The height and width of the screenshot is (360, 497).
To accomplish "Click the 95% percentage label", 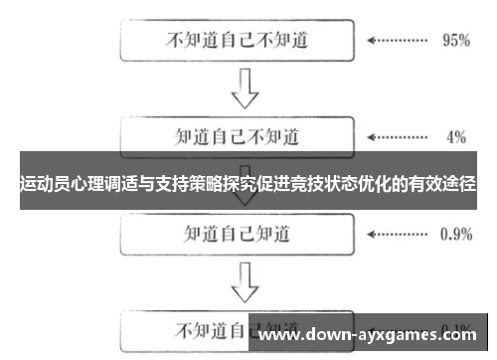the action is (x=454, y=42).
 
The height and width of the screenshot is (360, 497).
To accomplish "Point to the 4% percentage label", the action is (x=456, y=135).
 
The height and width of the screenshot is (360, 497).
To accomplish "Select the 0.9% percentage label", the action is (x=454, y=235).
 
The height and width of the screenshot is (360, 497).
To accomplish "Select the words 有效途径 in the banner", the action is (x=444, y=184).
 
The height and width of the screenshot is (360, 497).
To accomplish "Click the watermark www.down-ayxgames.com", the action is (x=374, y=332).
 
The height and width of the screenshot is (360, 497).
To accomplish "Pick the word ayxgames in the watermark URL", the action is (x=397, y=333).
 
